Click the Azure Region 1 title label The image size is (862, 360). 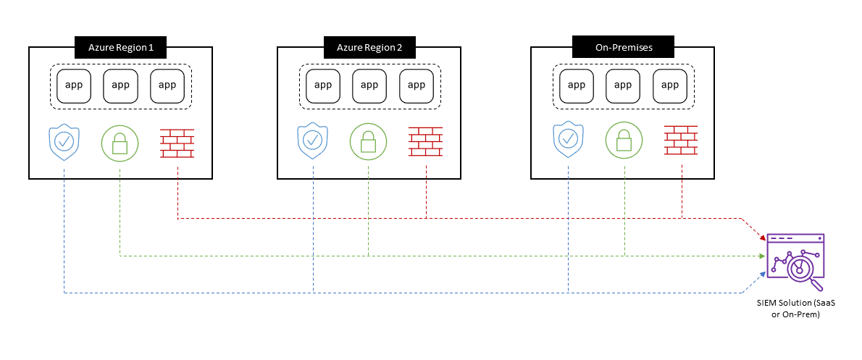coord(121,48)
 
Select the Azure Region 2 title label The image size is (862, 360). coord(370,48)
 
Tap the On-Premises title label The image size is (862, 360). coord(623,48)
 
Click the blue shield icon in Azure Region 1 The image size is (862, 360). coord(64,142)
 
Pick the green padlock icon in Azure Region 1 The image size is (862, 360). coord(120,142)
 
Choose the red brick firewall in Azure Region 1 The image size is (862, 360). coord(177,142)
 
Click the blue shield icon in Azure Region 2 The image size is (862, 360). coord(314,142)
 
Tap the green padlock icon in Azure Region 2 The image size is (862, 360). coord(369,142)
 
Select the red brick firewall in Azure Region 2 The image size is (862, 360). coord(426,142)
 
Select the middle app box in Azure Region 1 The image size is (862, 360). coord(120,85)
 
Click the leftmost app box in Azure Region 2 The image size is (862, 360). coord(323,85)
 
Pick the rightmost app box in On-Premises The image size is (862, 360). coord(670,85)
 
